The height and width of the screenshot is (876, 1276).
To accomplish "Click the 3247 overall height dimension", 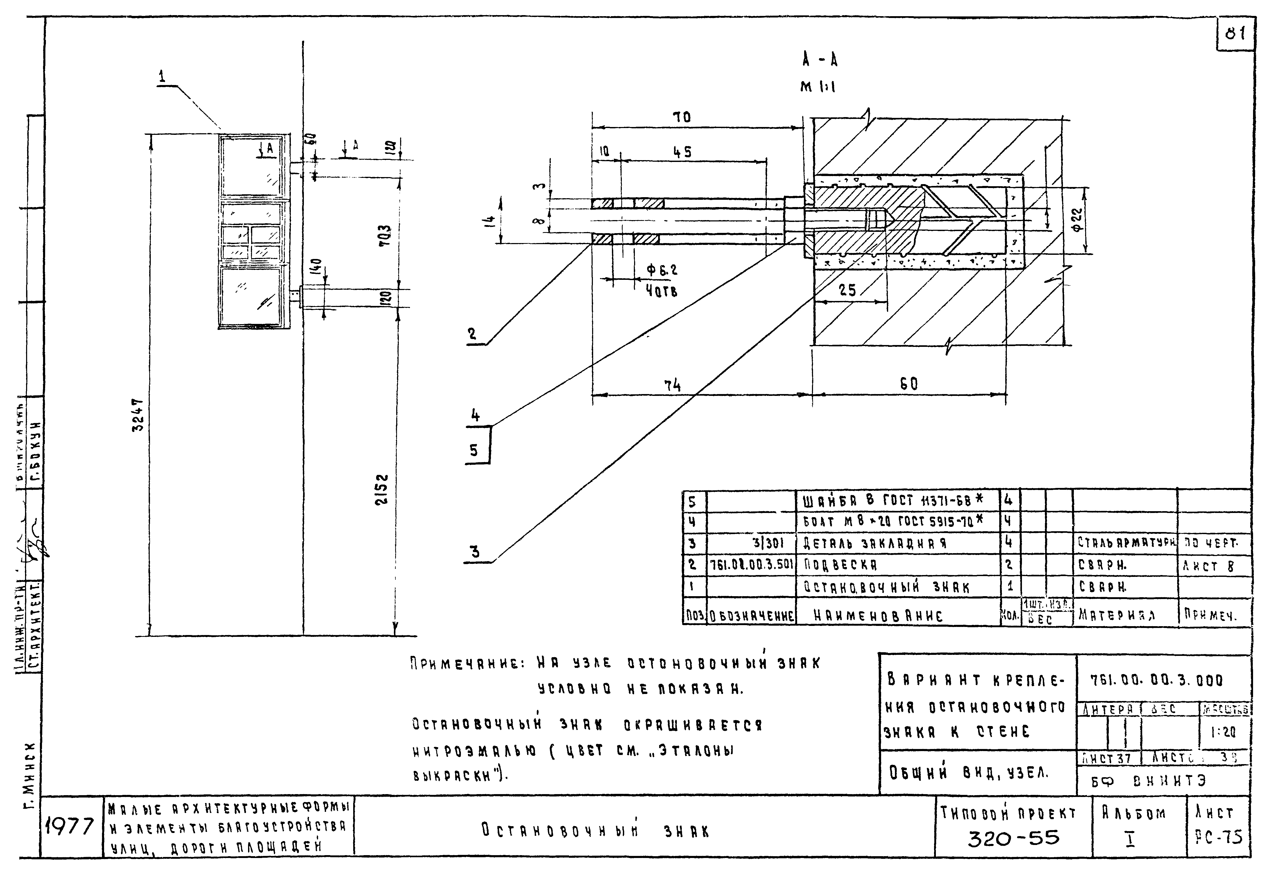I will (138, 415).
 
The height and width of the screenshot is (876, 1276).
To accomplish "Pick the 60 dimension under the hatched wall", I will (909, 384).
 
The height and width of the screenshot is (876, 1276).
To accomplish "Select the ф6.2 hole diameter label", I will (662, 270).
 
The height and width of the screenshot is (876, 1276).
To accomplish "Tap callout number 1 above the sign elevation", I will (162, 77).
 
